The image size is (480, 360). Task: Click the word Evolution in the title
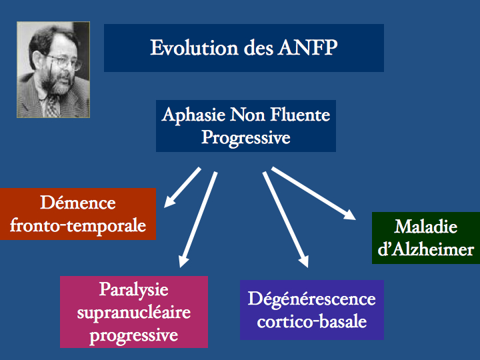pyautogui.click(x=194, y=48)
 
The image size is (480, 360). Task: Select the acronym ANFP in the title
pyautogui.click(x=307, y=48)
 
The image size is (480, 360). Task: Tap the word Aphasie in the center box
pyautogui.click(x=193, y=116)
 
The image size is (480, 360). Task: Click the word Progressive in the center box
pyautogui.click(x=246, y=138)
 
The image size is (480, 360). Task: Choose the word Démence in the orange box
pyautogui.click(x=78, y=203)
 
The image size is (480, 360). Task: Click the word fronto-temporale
pyautogui.click(x=78, y=226)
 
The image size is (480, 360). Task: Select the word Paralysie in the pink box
pyautogui.click(x=134, y=289)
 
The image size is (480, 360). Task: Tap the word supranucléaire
pyautogui.click(x=134, y=313)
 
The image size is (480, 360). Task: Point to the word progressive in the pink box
pyautogui.click(x=134, y=336)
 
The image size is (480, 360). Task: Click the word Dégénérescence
pyautogui.click(x=311, y=299)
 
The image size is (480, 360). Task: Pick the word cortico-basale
pyautogui.click(x=311, y=322)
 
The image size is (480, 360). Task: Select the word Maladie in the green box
pyautogui.click(x=425, y=227)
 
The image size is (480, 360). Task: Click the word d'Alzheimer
pyautogui.click(x=425, y=249)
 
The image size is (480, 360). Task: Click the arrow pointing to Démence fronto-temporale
pyautogui.click(x=182, y=187)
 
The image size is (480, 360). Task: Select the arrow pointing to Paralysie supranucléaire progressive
pyautogui.click(x=198, y=219)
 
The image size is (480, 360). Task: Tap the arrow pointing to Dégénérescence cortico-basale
pyautogui.click(x=285, y=219)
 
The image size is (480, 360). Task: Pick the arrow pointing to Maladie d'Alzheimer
pyautogui.click(x=313, y=193)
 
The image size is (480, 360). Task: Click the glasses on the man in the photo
pyautogui.click(x=63, y=62)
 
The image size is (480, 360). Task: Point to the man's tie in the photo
pyautogui.click(x=52, y=105)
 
